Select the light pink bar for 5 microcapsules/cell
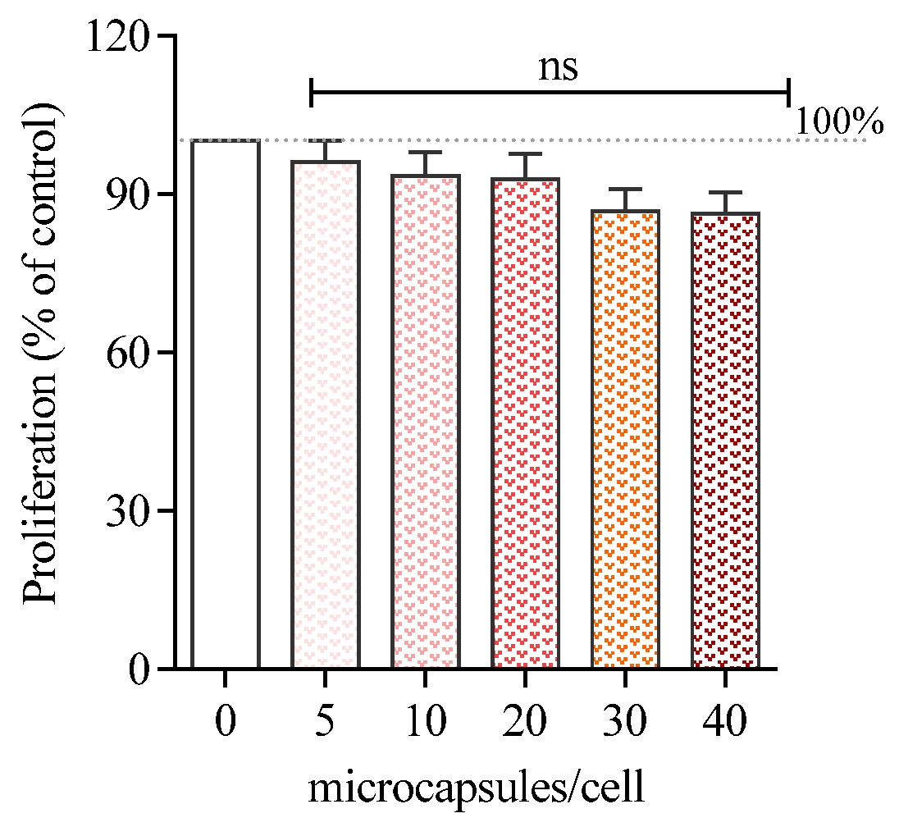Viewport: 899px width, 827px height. click(x=326, y=414)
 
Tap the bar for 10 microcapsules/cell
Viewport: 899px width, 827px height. click(x=426, y=422)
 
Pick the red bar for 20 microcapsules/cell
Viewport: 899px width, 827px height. click(x=525, y=423)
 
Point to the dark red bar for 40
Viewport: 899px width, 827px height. click(x=725, y=441)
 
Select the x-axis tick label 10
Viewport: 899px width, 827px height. click(x=426, y=723)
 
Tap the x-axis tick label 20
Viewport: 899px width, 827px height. click(x=525, y=723)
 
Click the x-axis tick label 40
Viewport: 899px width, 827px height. click(x=725, y=723)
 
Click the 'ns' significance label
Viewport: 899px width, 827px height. click(x=558, y=67)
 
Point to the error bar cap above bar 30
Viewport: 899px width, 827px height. click(x=625, y=190)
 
